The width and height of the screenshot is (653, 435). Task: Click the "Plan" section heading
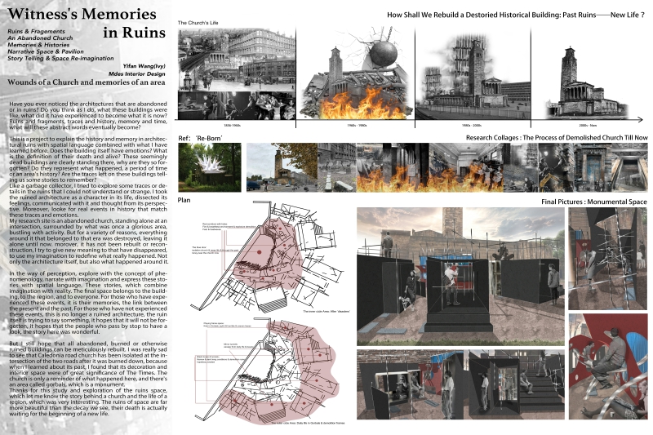click(x=184, y=199)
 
